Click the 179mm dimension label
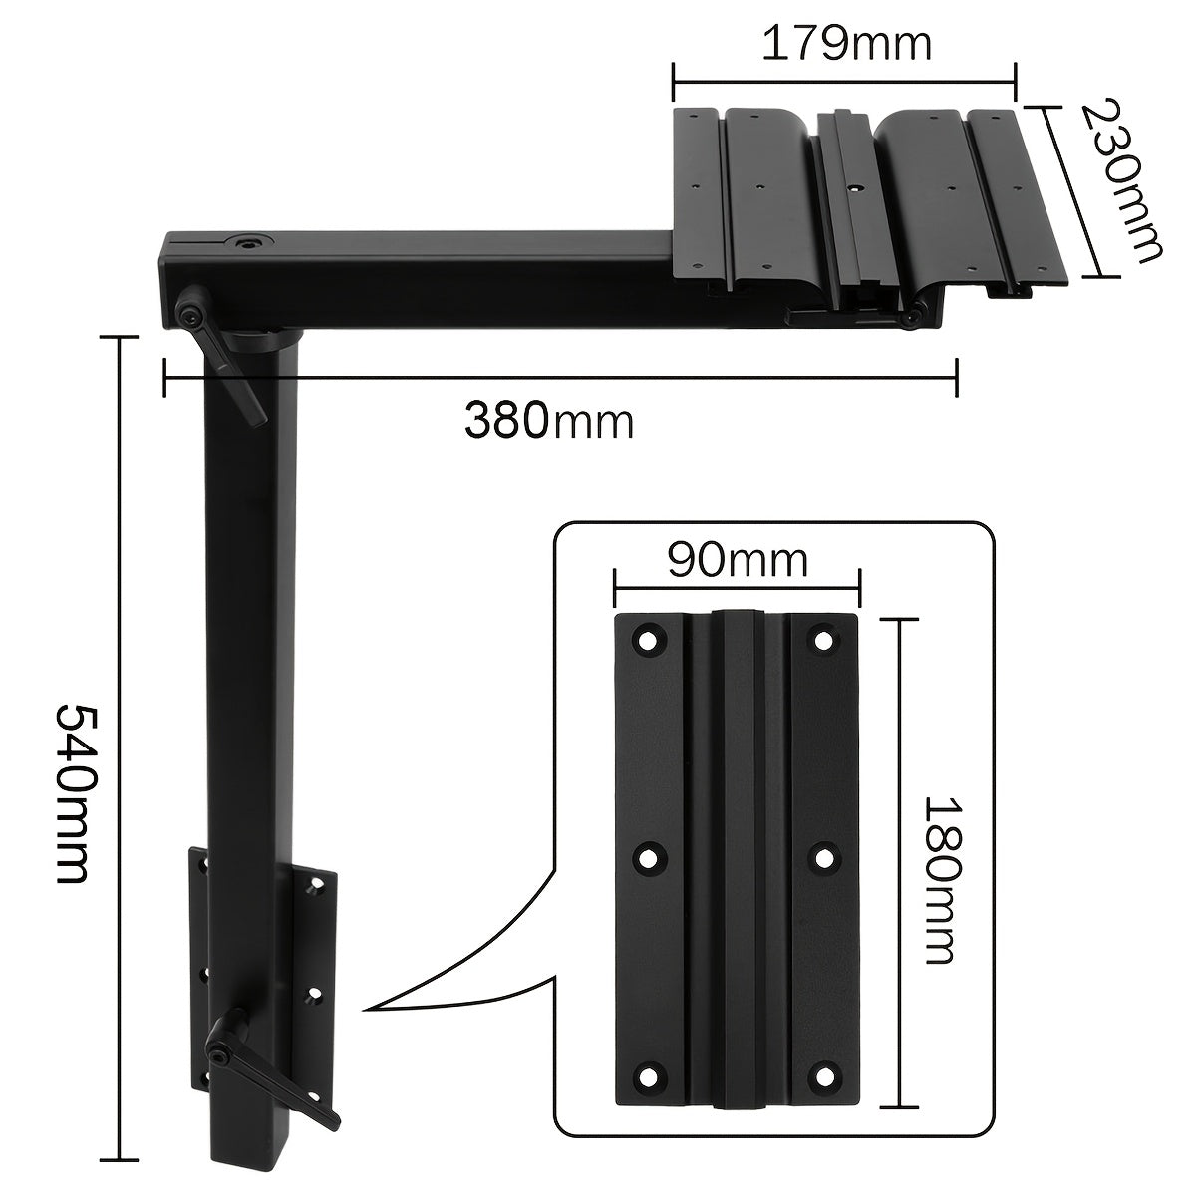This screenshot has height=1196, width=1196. click(x=846, y=44)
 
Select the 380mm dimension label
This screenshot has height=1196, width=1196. click(x=549, y=421)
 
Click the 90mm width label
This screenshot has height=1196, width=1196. click(x=738, y=560)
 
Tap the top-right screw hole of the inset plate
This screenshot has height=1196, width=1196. click(x=823, y=640)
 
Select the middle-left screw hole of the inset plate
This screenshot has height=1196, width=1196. click(x=649, y=859)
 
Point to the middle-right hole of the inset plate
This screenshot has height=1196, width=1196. click(x=823, y=859)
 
